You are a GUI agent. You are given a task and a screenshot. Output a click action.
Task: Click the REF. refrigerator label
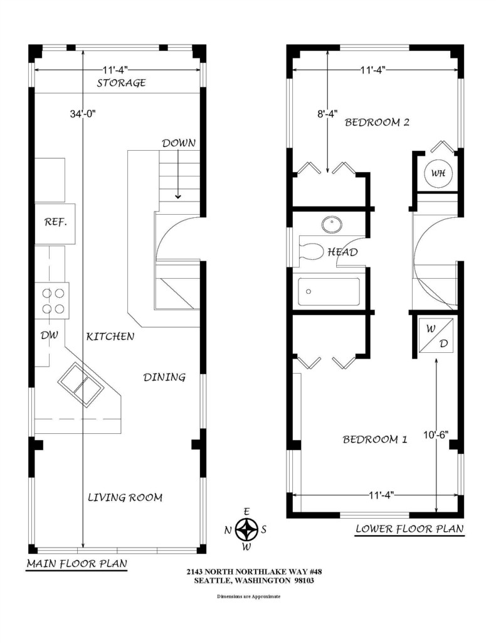click(55, 222)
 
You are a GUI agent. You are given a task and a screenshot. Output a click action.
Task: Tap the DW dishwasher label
click(49, 335)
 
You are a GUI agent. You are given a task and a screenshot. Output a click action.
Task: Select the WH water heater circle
click(438, 173)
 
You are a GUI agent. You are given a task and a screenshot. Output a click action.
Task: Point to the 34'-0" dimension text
click(82, 114)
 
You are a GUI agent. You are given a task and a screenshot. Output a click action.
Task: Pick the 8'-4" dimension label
click(327, 114)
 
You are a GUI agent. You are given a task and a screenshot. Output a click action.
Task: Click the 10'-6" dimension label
click(436, 435)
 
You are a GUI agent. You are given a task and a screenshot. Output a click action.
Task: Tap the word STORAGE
click(121, 83)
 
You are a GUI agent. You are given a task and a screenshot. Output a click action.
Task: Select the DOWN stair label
click(179, 143)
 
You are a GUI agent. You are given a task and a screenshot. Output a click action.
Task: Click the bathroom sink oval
click(332, 224)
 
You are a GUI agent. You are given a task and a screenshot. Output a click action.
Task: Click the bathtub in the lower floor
click(329, 291)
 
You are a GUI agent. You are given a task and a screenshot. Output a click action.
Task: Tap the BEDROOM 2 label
click(377, 122)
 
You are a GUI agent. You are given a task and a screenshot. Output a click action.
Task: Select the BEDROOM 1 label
click(375, 440)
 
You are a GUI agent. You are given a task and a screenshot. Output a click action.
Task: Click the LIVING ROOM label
click(125, 497)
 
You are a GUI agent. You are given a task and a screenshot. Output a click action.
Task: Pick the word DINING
click(164, 377)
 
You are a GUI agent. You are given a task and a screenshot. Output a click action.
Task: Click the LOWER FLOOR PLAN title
click(409, 529)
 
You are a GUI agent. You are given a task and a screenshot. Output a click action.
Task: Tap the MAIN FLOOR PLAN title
click(77, 563)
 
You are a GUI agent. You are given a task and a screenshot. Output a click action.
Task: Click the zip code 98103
click(304, 580)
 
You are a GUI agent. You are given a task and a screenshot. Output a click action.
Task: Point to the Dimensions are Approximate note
click(248, 597)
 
